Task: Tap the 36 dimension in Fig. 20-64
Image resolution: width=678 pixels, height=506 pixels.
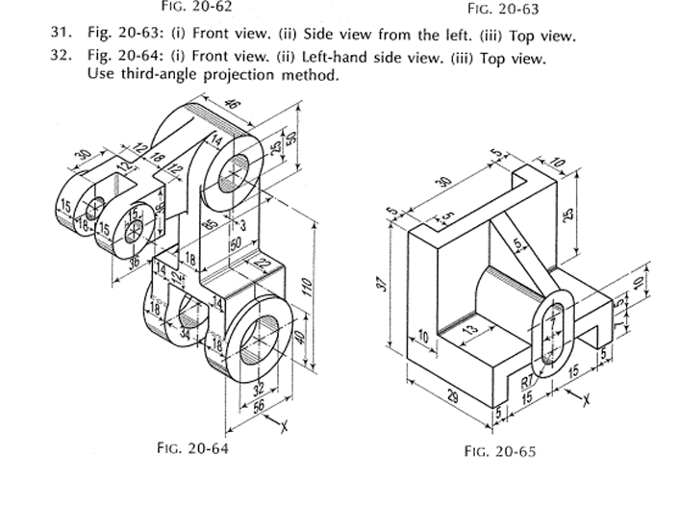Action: (137, 260)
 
